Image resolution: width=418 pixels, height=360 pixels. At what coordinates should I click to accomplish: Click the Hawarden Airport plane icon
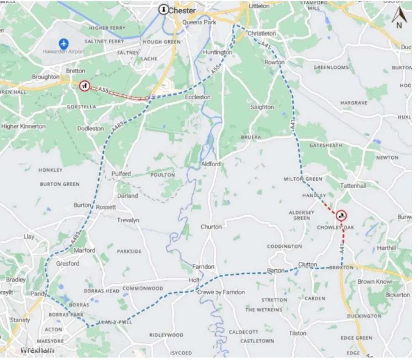pos(64,44)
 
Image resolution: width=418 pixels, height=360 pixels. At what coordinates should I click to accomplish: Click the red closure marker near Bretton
pos(84,86)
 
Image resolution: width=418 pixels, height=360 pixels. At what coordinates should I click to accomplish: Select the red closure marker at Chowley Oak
pos(341,216)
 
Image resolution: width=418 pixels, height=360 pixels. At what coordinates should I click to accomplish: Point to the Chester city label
pos(182,11)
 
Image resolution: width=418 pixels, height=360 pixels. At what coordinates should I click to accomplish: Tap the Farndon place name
pos(203,267)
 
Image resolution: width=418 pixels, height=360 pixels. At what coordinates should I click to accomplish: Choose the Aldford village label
pos(211,164)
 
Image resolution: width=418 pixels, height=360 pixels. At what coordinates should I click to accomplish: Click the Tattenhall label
pos(353,186)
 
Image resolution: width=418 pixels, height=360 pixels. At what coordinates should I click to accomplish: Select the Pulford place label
pos(121,174)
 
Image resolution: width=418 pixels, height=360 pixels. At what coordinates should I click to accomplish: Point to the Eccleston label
pos(198,97)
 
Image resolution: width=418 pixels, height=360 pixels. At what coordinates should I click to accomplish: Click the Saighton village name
pos(262,107)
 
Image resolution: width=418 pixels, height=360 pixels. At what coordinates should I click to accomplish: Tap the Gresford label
pos(68,264)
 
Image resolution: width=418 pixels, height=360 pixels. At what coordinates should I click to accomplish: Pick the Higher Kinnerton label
pos(24,126)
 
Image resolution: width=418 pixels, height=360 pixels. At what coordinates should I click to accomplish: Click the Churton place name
pos(211,227)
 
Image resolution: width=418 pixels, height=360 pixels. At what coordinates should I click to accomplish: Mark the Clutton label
pos(308,264)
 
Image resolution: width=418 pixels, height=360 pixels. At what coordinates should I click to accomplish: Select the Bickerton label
pos(397,295)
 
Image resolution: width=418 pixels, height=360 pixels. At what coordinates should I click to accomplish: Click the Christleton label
pos(262,33)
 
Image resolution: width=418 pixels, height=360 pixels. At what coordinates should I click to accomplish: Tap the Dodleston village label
pos(90,129)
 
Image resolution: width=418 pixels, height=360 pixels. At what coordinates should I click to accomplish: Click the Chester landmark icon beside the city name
pos(163,10)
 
